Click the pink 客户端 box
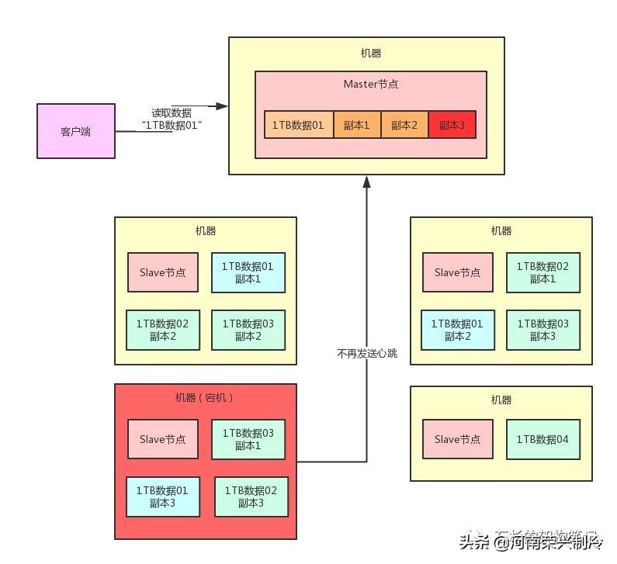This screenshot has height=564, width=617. coord(75,131)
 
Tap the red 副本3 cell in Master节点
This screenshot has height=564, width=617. coord(451,125)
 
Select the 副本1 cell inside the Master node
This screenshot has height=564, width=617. coord(357,125)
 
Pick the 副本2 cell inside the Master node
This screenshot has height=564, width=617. coord(404,125)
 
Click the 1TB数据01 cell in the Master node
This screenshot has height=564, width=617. coord(299,125)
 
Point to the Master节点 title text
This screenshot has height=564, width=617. coord(370,83)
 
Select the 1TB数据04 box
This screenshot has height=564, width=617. coord(542,439)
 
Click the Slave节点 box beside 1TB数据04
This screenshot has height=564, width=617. coord(457,439)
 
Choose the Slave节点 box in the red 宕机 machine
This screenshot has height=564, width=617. coord(163,439)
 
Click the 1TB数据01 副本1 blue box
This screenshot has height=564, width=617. coord(248,272)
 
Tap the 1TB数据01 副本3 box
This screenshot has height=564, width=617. coord(161,497)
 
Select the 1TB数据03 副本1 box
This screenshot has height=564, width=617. coord(248,439)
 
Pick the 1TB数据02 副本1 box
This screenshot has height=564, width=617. coord(542,272)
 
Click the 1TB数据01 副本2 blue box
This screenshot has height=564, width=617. coord(457,330)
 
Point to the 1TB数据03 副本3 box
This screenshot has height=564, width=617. coord(542,330)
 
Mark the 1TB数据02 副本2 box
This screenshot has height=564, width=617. coord(162,330)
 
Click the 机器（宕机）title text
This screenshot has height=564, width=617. coord(205,397)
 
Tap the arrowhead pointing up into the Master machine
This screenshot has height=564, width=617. coord(366,181)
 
